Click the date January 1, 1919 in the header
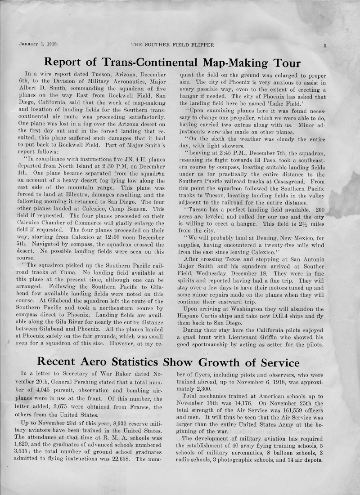click(x=40, y=45)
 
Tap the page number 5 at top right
click(x=324, y=45)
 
